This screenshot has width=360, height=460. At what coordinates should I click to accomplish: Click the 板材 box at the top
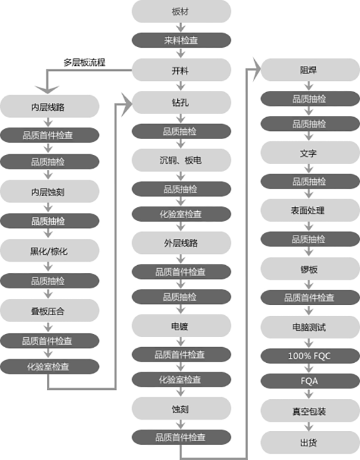point(182,11)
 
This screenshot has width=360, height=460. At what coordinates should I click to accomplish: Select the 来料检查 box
point(182,40)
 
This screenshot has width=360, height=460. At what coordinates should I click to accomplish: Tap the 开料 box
point(182,70)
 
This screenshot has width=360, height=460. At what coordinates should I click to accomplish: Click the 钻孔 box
point(182,102)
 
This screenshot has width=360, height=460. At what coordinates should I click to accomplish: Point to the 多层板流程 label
point(85,62)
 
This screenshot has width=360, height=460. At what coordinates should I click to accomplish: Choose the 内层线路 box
point(49,106)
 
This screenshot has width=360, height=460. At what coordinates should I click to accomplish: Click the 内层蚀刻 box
point(49,191)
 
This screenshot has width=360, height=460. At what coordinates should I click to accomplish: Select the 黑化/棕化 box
point(49,251)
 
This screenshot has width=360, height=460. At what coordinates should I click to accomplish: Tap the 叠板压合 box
point(49,311)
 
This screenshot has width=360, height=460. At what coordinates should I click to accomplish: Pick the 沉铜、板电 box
point(182,160)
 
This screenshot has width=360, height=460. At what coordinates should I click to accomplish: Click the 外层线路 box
point(182,243)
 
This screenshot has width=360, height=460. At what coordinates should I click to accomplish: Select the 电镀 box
point(182,326)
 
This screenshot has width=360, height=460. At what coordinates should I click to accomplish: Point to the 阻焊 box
point(310,70)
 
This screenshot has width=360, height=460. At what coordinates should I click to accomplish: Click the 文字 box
point(310,153)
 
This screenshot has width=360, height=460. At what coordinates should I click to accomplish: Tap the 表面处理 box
point(310,211)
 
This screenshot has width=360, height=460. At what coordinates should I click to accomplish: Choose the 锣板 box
point(310,269)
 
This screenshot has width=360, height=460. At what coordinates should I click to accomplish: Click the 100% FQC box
point(310,356)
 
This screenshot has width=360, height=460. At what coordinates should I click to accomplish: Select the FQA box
point(310,381)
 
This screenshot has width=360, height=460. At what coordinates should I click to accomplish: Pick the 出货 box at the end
point(310,442)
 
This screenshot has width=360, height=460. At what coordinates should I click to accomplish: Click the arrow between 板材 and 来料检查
point(181,28)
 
